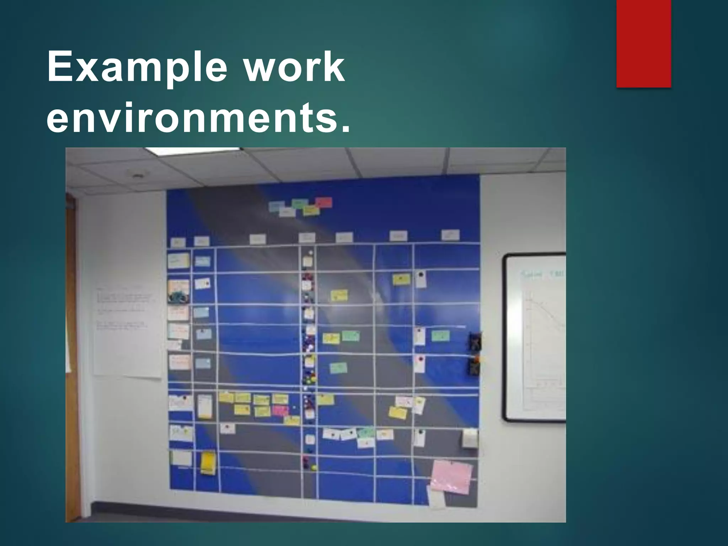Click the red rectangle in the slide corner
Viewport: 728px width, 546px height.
pyautogui.click(x=643, y=43)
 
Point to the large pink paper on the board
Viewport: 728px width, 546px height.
pyautogui.click(x=451, y=477)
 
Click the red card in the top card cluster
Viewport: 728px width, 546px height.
pyautogui.click(x=323, y=202)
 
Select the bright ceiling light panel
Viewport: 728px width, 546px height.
pyautogui.click(x=192, y=151)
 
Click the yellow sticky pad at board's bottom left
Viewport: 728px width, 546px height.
pyautogui.click(x=208, y=463)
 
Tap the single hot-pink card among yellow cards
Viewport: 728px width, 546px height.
pyautogui.click(x=280, y=411)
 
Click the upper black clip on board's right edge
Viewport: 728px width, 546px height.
pyautogui.click(x=475, y=341)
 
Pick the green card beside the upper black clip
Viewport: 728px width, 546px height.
pyautogui.click(x=440, y=336)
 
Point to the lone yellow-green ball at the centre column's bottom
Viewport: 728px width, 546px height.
pyautogui.click(x=314, y=467)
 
